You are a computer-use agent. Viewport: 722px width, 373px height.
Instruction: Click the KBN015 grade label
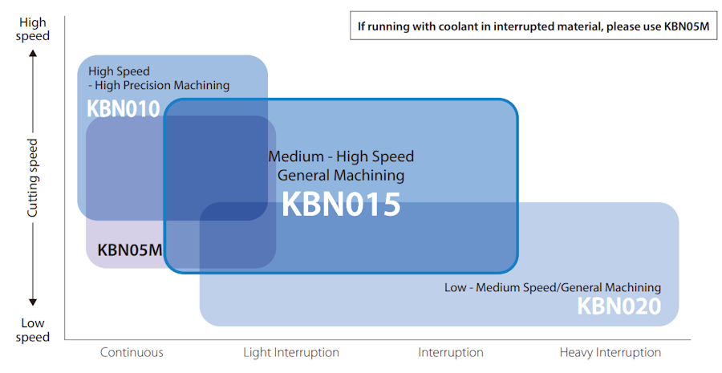(x=340, y=204)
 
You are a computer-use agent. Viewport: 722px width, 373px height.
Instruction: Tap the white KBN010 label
(x=124, y=109)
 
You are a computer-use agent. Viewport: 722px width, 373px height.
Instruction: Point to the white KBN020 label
(x=619, y=306)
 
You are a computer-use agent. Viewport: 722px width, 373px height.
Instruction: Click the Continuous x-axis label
(x=132, y=352)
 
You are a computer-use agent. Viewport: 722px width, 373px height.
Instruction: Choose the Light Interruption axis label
(x=291, y=352)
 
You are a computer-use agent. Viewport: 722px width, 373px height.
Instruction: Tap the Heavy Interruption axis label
(x=610, y=352)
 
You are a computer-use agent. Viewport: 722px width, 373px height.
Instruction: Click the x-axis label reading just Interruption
(x=451, y=352)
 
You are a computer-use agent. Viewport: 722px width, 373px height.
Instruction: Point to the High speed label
(x=34, y=30)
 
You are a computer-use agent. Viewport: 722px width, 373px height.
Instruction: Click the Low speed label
(x=34, y=330)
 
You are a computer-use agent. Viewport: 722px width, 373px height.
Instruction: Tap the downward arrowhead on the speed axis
(x=34, y=302)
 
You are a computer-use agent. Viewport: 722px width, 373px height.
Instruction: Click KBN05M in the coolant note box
(x=686, y=26)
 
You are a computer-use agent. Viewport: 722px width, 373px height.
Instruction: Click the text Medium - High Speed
(x=341, y=156)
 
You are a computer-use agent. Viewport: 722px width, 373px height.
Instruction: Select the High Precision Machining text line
(x=159, y=85)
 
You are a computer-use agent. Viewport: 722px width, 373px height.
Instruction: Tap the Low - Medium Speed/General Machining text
(x=553, y=287)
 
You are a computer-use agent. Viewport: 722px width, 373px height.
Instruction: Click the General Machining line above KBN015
(x=341, y=175)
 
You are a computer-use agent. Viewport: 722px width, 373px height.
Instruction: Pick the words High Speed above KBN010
(x=119, y=71)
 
